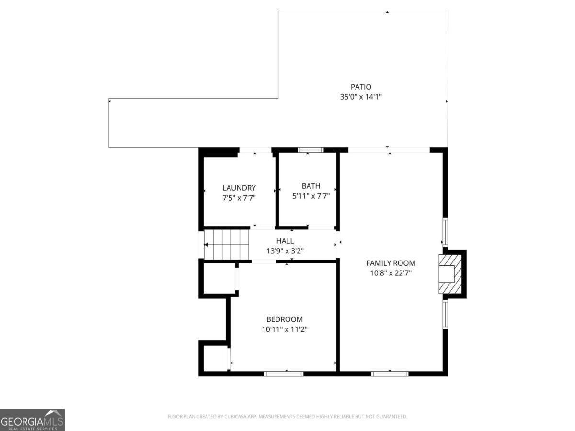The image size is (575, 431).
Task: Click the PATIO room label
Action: click(x=361, y=87)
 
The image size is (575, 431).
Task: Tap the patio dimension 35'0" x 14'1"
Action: click(x=361, y=97)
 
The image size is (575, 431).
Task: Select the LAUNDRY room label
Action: click(x=239, y=188)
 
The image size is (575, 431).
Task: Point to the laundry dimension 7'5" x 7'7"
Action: click(x=239, y=197)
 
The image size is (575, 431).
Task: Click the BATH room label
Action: click(x=311, y=186)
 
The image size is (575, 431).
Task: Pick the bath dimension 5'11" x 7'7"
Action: click(x=311, y=195)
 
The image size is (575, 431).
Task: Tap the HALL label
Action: click(x=285, y=241)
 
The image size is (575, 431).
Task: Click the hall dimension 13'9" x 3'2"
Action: click(x=285, y=250)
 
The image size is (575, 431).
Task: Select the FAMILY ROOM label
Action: click(x=391, y=263)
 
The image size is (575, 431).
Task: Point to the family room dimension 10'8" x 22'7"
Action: click(x=391, y=273)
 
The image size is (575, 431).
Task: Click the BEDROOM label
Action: click(x=285, y=319)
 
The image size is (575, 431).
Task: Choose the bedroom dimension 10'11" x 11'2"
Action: click(x=285, y=329)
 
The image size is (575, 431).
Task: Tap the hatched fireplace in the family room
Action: click(x=450, y=273)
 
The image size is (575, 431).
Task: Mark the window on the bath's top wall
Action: click(x=310, y=150)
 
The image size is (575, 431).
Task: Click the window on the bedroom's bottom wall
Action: click(x=284, y=373)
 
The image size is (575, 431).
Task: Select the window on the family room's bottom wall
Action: click(x=390, y=373)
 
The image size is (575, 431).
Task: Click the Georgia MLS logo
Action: click(x=32, y=420)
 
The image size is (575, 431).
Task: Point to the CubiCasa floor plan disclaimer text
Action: click(x=287, y=417)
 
